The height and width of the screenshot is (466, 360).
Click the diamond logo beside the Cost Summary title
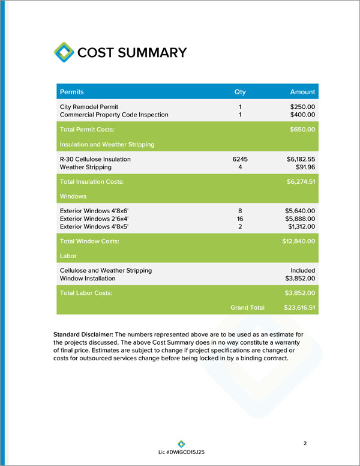(64, 52)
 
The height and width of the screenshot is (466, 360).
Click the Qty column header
(240, 92)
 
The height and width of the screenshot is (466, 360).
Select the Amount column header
(302, 92)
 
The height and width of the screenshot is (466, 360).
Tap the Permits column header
(72, 92)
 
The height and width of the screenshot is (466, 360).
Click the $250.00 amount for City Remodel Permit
(302, 106)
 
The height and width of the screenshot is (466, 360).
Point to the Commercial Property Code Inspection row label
(114, 114)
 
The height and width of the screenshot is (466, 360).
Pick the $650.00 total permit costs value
(302, 129)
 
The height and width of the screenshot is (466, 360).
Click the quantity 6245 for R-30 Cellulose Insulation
(240, 159)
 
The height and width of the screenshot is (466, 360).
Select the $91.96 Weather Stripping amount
(305, 167)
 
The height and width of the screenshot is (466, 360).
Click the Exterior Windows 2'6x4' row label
(94, 219)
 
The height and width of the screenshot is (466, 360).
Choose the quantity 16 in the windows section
(240, 219)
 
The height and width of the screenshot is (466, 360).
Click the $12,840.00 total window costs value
(299, 241)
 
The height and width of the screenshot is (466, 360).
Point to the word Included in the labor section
(303, 271)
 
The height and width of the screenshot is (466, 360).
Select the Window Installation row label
(88, 279)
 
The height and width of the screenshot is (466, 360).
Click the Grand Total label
(247, 307)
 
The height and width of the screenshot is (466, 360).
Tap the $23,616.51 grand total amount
(299, 307)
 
